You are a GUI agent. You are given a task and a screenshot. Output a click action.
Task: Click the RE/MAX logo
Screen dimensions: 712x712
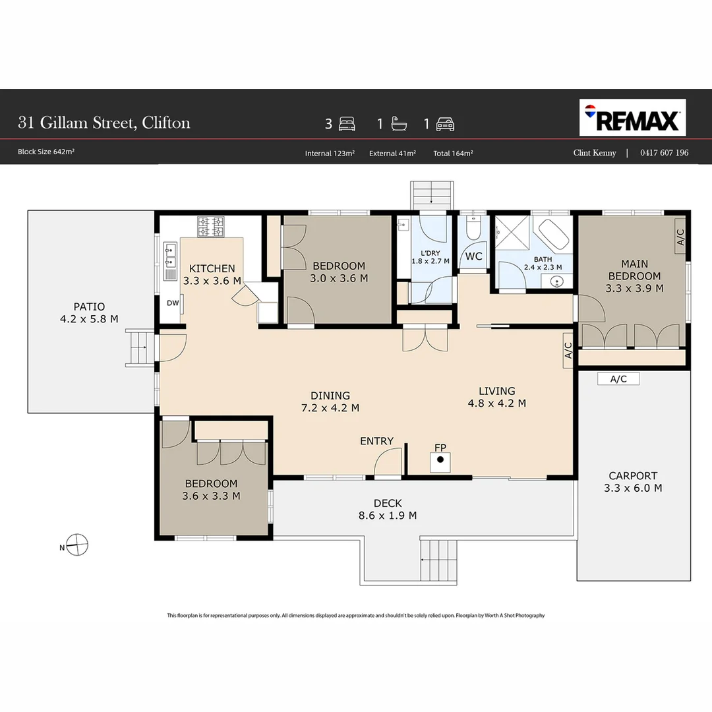pos(632,117)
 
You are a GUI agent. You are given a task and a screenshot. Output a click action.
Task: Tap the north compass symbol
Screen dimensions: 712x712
pos(76,545)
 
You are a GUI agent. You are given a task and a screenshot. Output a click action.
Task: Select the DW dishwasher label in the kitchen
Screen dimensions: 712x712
pos(173,303)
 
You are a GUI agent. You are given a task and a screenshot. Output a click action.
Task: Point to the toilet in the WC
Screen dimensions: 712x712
pos(473,227)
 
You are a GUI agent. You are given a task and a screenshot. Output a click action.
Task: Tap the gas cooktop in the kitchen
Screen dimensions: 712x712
pos(211,227)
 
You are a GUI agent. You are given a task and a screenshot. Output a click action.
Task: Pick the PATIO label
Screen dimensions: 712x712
pos(90,307)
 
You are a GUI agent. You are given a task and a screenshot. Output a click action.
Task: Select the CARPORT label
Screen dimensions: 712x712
pos(633,476)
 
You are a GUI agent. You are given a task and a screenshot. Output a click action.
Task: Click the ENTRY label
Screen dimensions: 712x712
pos(376,441)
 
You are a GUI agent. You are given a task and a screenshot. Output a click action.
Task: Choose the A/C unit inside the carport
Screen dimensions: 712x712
pos(618,378)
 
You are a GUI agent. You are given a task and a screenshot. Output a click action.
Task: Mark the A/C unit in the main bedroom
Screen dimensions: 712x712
pos(680,237)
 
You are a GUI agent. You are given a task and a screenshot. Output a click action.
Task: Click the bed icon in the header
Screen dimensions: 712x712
pos(347,124)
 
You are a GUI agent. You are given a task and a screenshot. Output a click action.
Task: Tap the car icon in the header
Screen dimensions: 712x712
pos(445,124)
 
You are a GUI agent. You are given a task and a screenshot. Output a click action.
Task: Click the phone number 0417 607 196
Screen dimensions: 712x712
pos(665,152)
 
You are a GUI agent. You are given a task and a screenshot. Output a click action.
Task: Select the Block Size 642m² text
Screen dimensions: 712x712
pos(46,152)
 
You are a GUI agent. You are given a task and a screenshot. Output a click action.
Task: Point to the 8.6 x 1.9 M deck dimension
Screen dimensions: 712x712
pos(388,516)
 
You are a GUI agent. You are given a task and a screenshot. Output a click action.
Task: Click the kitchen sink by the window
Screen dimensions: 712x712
pos(170,255)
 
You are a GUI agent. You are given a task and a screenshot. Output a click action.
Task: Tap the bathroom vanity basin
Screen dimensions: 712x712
pos(556,282)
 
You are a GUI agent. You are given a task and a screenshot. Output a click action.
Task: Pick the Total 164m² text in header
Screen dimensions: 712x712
pos(453,154)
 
